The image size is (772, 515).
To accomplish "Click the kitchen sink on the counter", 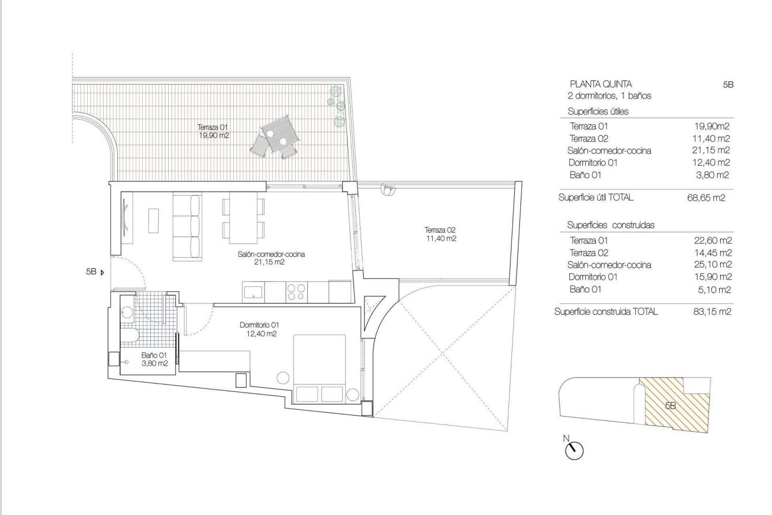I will (253, 292).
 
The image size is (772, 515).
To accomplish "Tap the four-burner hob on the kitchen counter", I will (296, 292).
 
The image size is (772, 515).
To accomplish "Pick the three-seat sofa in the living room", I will (187, 228).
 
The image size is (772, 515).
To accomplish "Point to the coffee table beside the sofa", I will (154, 220).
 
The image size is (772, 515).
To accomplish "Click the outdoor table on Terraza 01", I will (280, 133).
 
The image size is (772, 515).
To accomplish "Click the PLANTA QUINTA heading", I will (601, 84).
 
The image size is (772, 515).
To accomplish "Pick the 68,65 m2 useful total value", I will (706, 198).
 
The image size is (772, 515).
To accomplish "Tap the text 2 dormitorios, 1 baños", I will (609, 96).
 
